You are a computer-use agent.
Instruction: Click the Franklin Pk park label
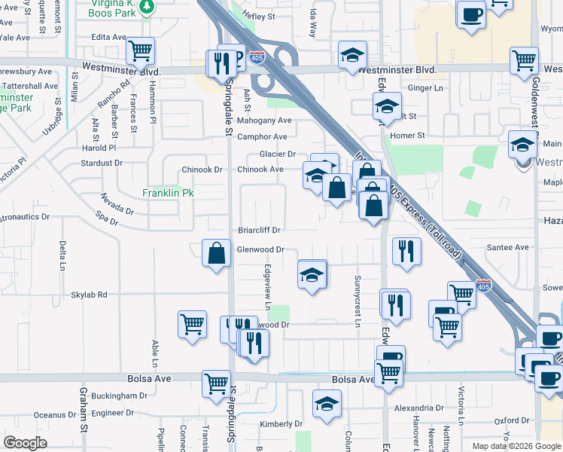click(168, 194)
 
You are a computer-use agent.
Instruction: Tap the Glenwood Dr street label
click(260, 249)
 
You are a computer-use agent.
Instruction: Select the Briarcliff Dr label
click(259, 230)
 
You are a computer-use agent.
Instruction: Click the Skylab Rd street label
click(90, 295)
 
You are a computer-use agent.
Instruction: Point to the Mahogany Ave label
click(264, 121)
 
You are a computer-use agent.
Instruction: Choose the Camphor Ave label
click(262, 137)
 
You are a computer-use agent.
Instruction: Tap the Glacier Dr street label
click(277, 154)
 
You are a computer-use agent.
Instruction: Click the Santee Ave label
click(507, 247)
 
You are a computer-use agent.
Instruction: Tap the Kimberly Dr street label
click(281, 424)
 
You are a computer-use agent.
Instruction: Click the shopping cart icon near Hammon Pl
click(140, 50)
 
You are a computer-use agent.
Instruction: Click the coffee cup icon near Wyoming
click(471, 14)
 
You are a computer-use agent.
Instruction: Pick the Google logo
click(25, 443)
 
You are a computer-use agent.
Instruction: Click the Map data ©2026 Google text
click(516, 446)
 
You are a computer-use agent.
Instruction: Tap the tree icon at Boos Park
click(148, 7)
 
